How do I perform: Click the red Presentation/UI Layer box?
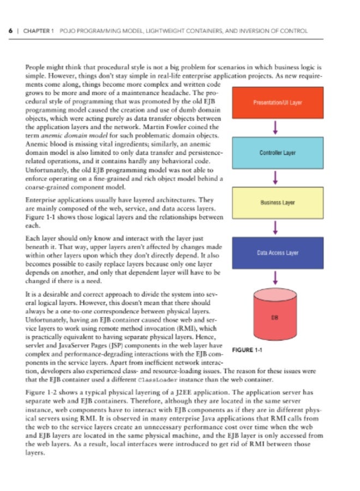(278, 103)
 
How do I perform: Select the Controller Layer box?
(278, 153)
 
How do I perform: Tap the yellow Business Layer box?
(278, 202)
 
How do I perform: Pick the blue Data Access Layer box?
(278, 253)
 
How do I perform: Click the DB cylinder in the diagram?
(278, 316)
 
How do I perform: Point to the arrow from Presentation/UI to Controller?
(278, 128)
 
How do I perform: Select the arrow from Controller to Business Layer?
(278, 178)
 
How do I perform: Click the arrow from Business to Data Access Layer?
(278, 227)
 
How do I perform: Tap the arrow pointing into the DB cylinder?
(278, 277)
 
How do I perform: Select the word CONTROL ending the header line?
(295, 31)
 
